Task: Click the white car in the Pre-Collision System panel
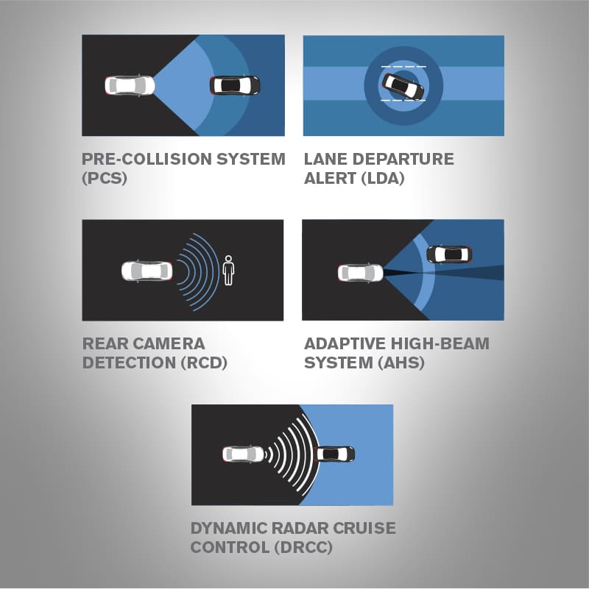tap(130, 85)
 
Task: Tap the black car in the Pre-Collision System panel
tap(235, 85)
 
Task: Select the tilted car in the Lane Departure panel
tap(403, 87)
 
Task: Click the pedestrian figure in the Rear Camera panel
tap(228, 271)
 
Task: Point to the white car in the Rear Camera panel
tap(147, 271)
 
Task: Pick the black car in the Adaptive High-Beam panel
tap(449, 254)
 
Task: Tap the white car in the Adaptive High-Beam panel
tap(360, 273)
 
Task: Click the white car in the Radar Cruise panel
tap(244, 454)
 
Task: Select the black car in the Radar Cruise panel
tap(335, 454)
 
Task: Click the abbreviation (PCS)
tap(105, 178)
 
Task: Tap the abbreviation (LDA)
tap(383, 178)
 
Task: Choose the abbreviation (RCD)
tap(204, 363)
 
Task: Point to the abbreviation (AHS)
tap(401, 363)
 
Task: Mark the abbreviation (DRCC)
tap(303, 547)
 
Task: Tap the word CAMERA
tap(169, 343)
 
